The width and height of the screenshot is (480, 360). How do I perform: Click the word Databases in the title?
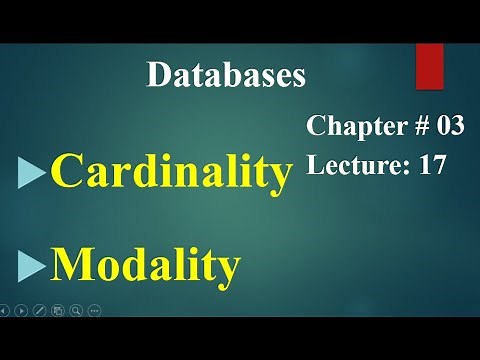point(226,75)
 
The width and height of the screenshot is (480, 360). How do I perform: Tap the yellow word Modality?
point(146,266)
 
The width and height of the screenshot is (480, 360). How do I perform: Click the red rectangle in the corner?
point(429,66)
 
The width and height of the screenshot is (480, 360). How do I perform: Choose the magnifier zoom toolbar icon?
point(75,310)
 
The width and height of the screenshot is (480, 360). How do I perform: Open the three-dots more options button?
point(94,310)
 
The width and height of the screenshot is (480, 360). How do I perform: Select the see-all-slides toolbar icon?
point(57,310)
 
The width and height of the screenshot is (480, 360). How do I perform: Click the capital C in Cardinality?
point(66,173)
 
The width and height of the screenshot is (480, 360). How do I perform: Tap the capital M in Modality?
point(72,266)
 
